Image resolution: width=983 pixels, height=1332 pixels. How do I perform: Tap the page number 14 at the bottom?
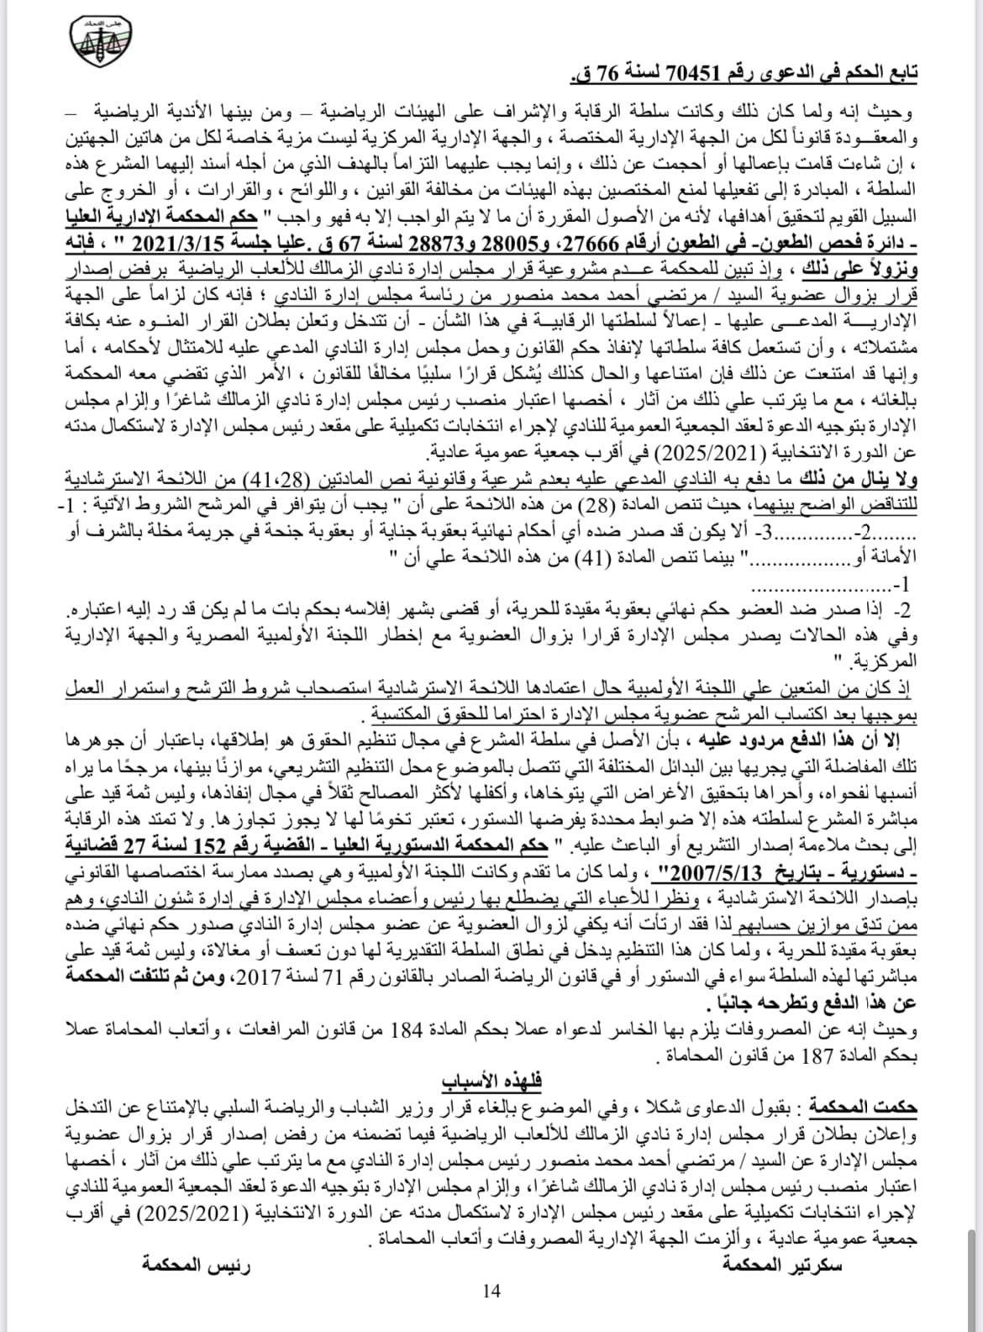point(491,1290)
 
